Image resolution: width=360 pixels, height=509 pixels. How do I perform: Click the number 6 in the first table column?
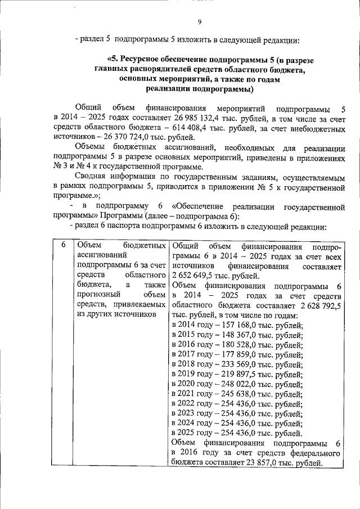coord(64,246)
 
